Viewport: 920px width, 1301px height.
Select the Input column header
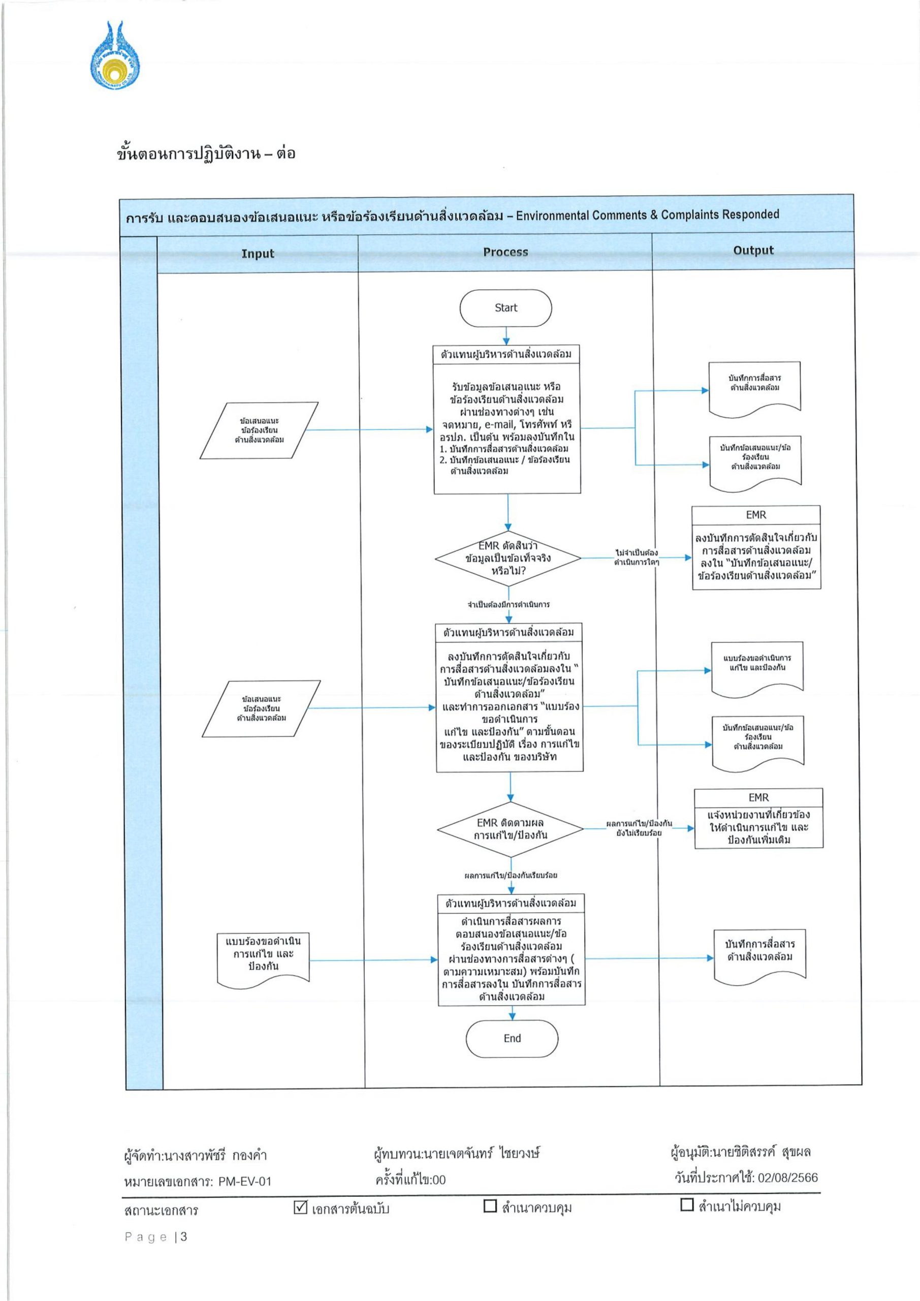[x=258, y=253]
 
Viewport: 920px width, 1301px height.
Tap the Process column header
[x=505, y=252]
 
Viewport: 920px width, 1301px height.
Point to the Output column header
[x=753, y=251]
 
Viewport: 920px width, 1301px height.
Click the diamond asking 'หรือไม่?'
[x=508, y=558]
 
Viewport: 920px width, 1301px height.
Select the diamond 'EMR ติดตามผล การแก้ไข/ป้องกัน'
[x=511, y=829]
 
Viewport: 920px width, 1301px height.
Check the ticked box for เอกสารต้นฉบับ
[x=300, y=1207]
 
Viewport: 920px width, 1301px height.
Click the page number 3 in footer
[x=183, y=1236]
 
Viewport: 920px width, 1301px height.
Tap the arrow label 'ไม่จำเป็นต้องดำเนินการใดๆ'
[x=636, y=557]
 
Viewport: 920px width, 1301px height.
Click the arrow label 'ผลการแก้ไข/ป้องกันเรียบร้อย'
[x=511, y=876]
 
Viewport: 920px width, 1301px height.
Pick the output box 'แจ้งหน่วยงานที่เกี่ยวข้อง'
[x=758, y=818]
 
